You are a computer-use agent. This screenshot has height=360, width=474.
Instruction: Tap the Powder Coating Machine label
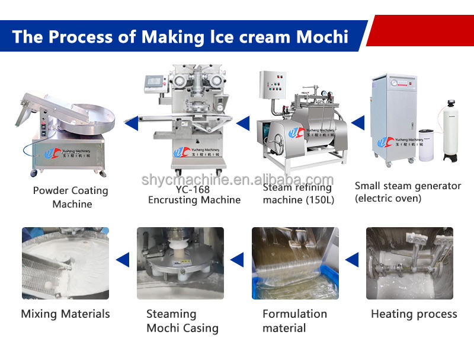(x=71, y=197)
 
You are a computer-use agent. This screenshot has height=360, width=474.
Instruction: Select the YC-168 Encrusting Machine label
(x=194, y=195)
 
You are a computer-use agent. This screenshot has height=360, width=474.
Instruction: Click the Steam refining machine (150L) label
(x=299, y=194)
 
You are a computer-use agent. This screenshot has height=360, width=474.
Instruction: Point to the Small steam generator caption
(x=408, y=192)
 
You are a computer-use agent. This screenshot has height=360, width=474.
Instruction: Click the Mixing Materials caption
(x=65, y=314)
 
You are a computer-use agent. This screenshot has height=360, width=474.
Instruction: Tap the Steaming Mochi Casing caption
(x=182, y=320)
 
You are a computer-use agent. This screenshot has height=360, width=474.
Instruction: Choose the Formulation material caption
(x=294, y=320)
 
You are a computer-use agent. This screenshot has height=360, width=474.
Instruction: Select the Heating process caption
(x=414, y=314)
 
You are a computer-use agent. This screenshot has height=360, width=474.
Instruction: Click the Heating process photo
(x=409, y=263)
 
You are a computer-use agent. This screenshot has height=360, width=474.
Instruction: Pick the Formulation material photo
(x=295, y=263)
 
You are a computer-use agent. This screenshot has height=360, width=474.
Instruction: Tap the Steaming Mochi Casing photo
(x=180, y=263)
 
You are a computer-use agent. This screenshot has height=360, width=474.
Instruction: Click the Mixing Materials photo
(x=65, y=263)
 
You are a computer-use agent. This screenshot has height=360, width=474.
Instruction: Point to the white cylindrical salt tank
(x=426, y=145)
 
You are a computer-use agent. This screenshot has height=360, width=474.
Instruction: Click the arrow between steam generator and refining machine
(x=357, y=123)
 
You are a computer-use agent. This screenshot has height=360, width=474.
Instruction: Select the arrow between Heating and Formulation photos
(x=352, y=259)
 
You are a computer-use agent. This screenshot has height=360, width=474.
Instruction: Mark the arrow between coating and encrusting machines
(x=130, y=123)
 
